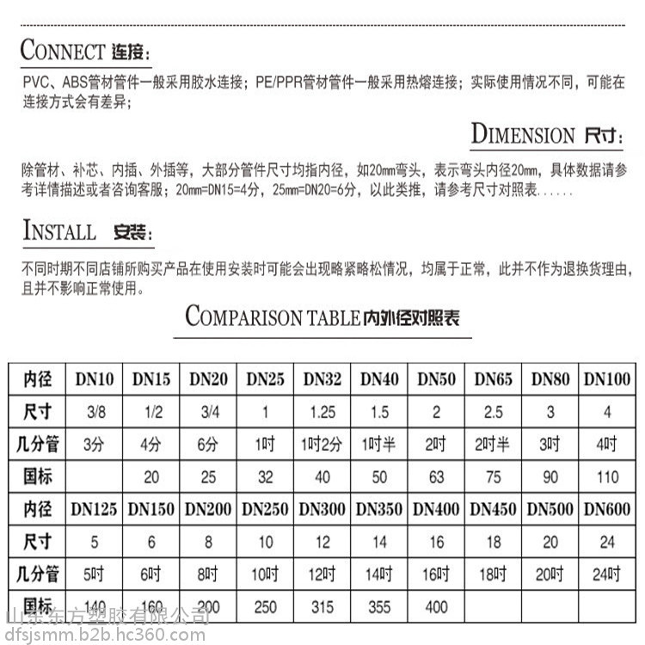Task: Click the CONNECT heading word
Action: [62, 50]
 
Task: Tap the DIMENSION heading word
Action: [523, 135]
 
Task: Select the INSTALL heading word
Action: [59, 231]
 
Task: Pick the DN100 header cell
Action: [607, 378]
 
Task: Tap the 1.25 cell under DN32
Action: [322, 412]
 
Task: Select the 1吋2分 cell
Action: [322, 445]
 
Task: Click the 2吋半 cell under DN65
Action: [493, 445]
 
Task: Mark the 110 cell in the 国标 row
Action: [607, 477]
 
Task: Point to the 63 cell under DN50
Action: [436, 477]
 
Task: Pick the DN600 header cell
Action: [607, 509]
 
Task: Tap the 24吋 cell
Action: [607, 574]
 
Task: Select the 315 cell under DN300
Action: [322, 607]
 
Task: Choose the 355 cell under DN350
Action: [378, 607]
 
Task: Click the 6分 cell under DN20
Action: [208, 445]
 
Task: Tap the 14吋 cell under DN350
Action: [378, 574]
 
